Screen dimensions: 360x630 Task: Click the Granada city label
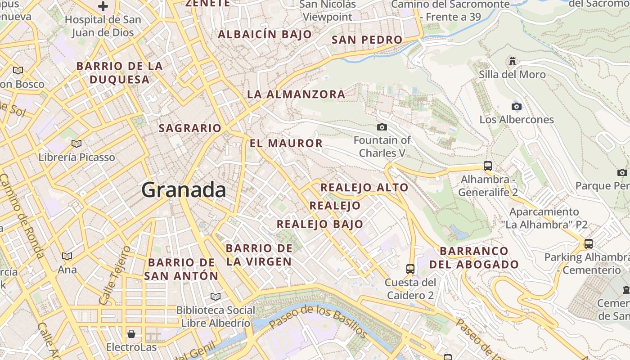point(184,190)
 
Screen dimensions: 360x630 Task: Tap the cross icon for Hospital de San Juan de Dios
point(103,6)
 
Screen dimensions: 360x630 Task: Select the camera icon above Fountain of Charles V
point(382,127)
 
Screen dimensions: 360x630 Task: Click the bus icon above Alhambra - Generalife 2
point(487,166)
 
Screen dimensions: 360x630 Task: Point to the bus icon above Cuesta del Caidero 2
point(410,269)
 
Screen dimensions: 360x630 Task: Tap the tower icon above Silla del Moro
point(512,61)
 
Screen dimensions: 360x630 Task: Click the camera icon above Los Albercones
point(516,106)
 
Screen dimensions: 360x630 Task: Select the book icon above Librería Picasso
point(76,144)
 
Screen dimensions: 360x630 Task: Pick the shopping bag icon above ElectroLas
point(131,333)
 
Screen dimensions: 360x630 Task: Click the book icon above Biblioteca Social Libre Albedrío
point(216,297)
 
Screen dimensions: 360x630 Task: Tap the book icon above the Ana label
point(67,256)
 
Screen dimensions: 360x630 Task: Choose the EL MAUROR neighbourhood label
point(286,144)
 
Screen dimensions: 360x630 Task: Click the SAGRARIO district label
point(190,128)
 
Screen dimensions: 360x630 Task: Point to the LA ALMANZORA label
point(296,94)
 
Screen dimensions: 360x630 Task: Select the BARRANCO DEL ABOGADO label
point(474,257)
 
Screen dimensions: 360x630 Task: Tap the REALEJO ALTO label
point(364,188)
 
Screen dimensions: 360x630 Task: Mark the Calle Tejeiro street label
point(113,274)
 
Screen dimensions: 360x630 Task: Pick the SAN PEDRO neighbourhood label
point(367,40)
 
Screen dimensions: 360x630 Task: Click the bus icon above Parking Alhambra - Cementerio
point(588,244)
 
